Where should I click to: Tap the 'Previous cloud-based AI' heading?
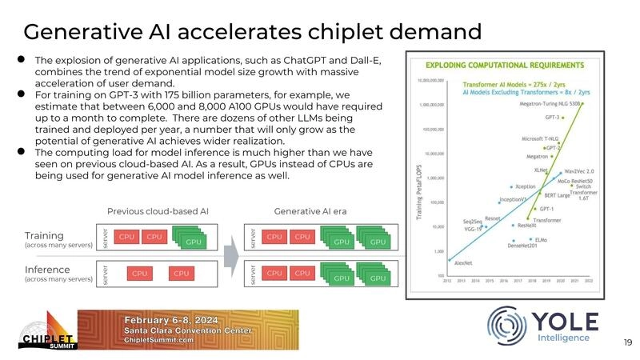click(x=158, y=212)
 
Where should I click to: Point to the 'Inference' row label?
click(x=47, y=270)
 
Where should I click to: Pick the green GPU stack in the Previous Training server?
click(x=192, y=240)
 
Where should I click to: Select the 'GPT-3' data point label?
click(x=552, y=117)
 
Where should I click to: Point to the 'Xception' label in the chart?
click(x=525, y=186)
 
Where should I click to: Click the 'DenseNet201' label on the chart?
click(x=524, y=245)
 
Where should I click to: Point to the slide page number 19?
click(x=626, y=342)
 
